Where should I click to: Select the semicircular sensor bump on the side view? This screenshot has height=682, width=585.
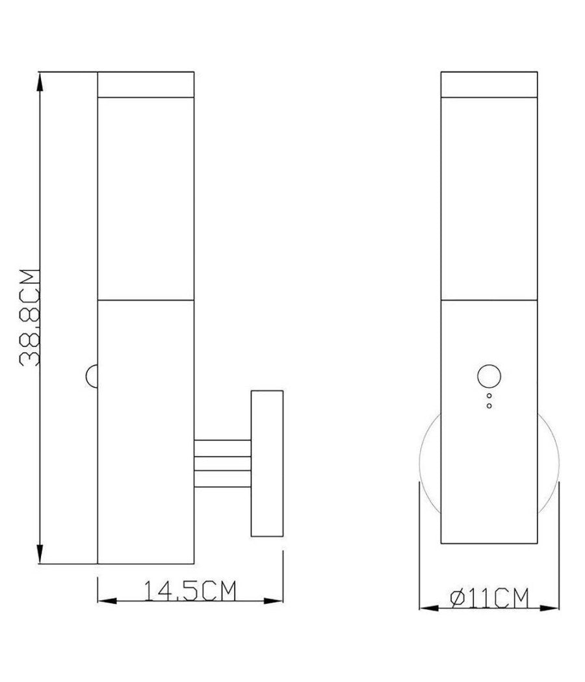tap(92, 376)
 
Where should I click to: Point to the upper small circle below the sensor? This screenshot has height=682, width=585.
tap(489, 395)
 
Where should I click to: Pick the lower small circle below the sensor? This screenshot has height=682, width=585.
tap(489, 406)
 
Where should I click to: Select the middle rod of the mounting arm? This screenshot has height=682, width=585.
tap(222, 464)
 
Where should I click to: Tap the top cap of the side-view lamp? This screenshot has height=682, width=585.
tap(146, 84)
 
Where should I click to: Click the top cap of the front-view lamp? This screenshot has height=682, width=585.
tap(489, 84)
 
